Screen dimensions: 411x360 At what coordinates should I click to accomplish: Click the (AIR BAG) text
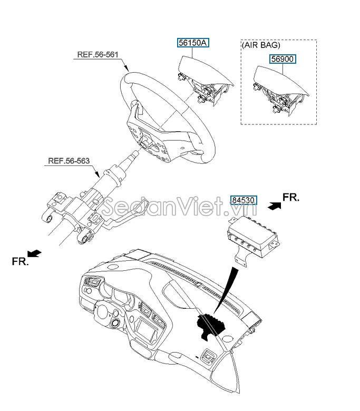260,45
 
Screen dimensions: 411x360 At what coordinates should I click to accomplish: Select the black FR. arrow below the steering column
34,253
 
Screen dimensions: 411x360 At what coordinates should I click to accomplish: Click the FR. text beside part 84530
291,197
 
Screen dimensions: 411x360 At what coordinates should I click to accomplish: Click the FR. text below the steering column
20,261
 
